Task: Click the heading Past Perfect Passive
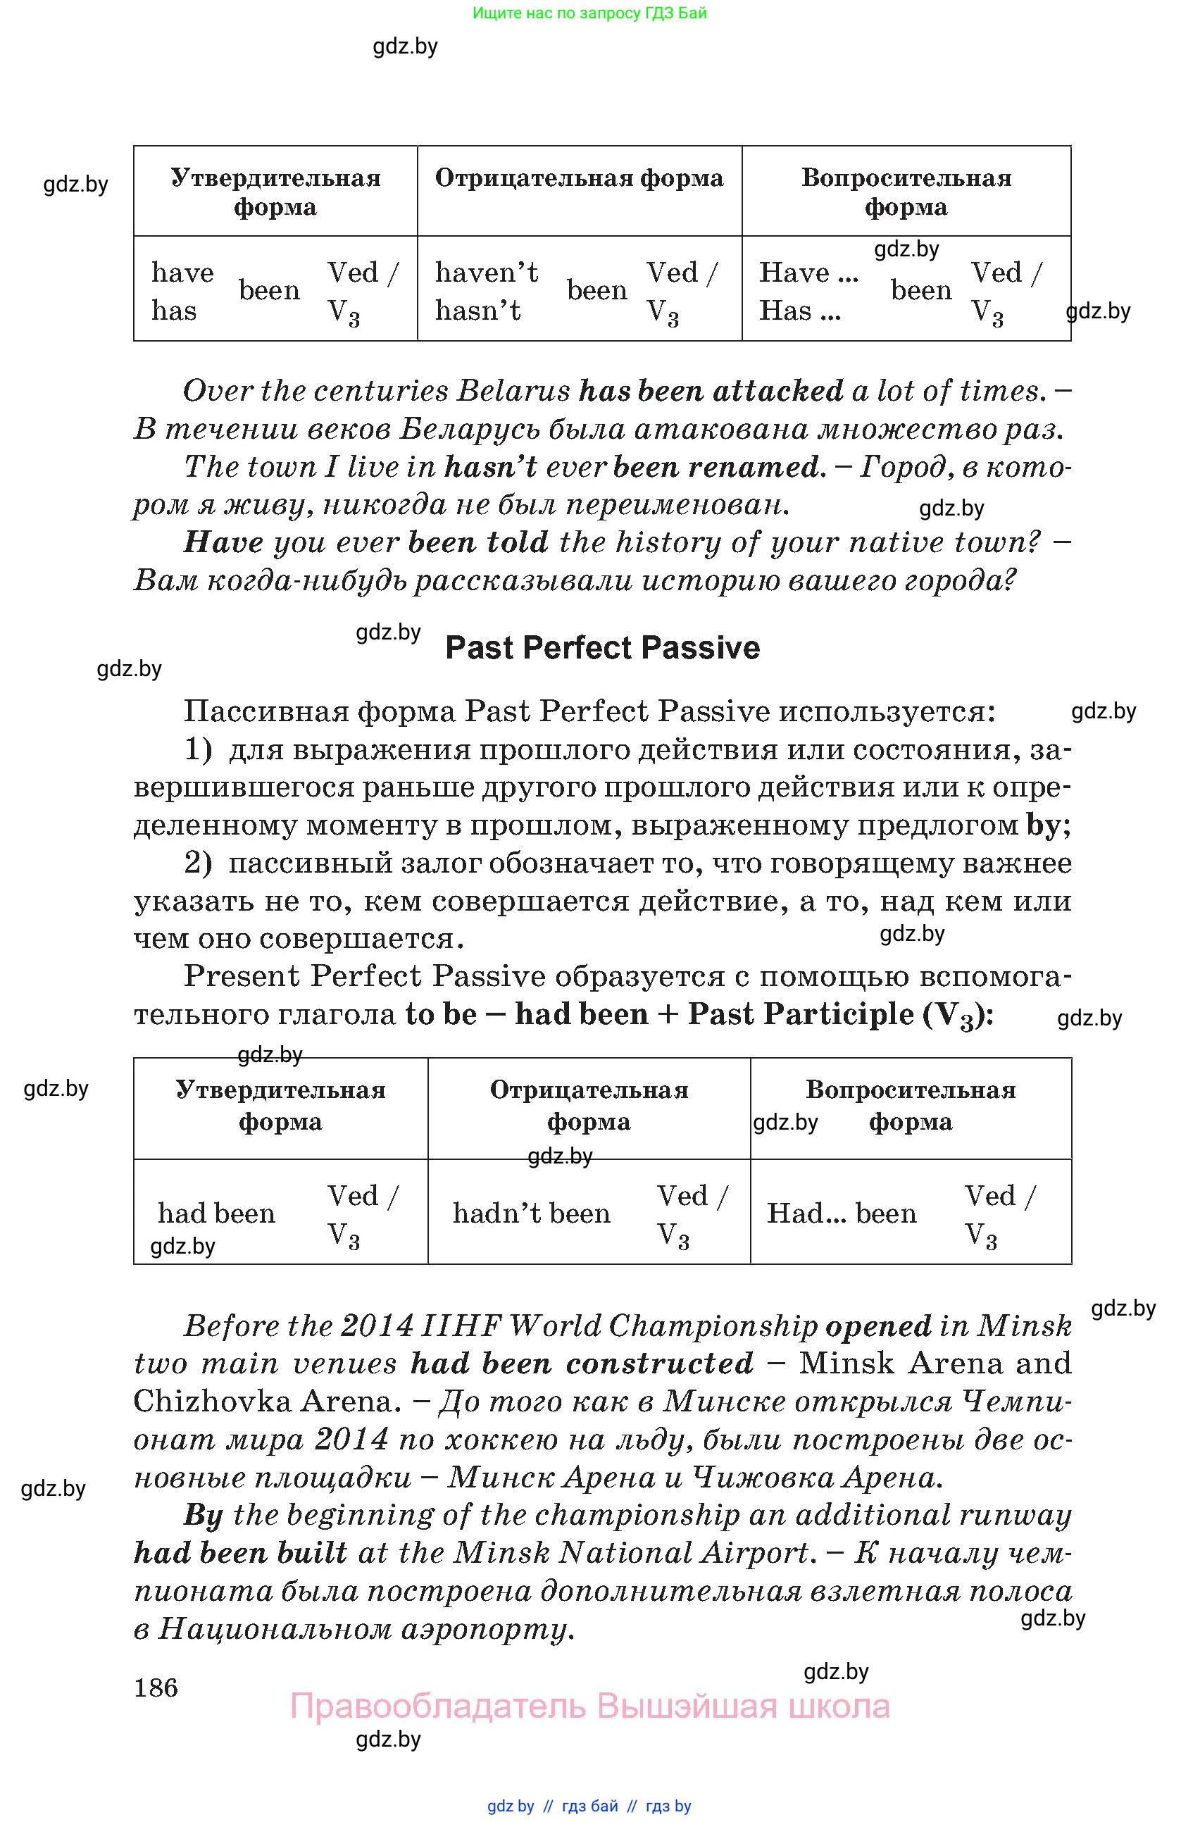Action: (602, 649)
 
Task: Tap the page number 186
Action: (156, 1687)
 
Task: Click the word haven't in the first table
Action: (487, 273)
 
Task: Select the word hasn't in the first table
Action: (478, 311)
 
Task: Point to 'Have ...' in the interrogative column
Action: (808, 273)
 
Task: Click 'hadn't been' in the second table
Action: (531, 1213)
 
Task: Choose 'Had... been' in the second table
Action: (841, 1213)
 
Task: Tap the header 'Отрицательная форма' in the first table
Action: (579, 178)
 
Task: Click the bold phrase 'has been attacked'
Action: (711, 391)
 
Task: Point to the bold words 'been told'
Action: (478, 543)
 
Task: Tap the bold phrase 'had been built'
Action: (240, 1553)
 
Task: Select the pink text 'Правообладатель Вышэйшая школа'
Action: (589, 1706)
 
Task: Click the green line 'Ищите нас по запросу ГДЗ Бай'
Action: (589, 13)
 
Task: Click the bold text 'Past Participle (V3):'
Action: (840, 1015)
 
